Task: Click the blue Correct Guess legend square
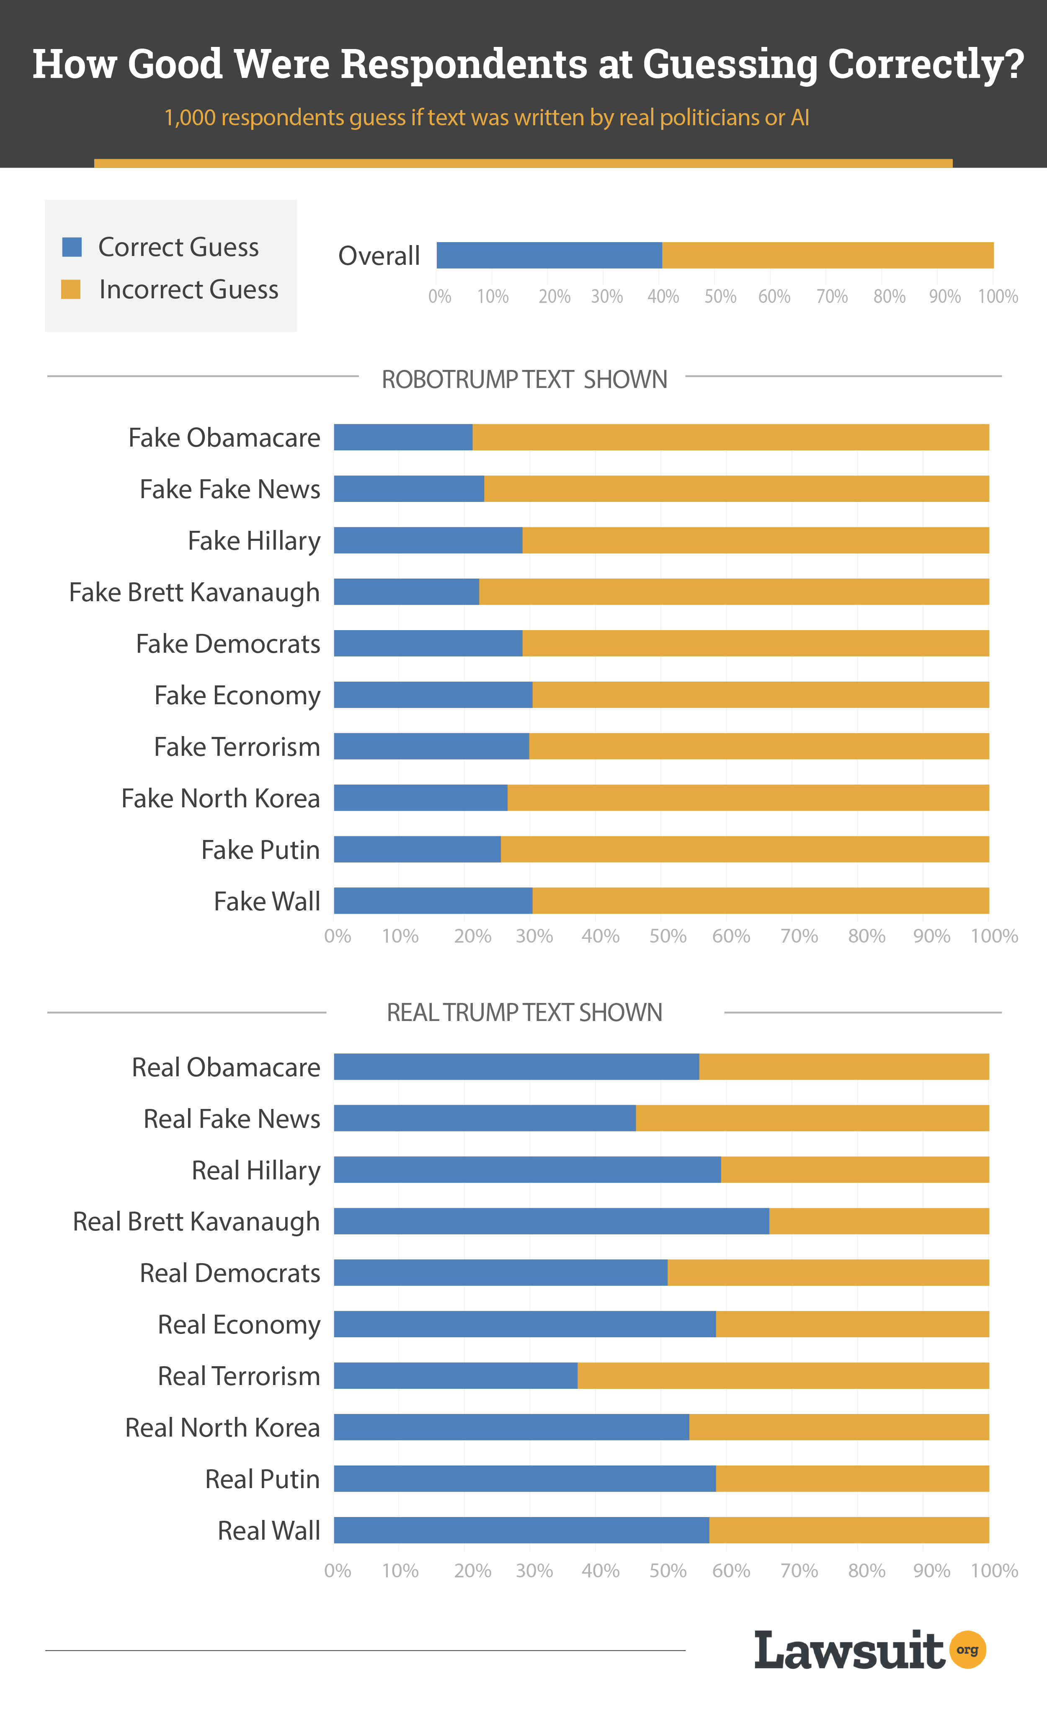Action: point(72,247)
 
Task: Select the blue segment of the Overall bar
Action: point(549,256)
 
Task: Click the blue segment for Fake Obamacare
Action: point(403,437)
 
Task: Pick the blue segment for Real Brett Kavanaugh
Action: point(551,1221)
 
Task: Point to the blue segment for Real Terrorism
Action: point(456,1375)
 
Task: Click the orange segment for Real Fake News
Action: point(812,1118)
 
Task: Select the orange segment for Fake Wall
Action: point(760,901)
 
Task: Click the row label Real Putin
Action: point(263,1479)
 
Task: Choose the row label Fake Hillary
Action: point(254,541)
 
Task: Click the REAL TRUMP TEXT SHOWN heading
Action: point(524,1013)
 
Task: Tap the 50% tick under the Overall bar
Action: point(720,297)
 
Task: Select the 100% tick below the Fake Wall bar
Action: point(994,936)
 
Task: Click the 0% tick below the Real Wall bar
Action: point(338,1571)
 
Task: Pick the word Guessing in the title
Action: point(730,65)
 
